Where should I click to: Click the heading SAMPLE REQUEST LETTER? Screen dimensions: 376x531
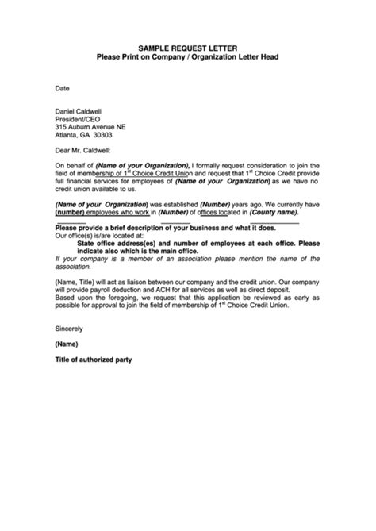click(188, 47)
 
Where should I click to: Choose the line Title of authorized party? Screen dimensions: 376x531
click(94, 360)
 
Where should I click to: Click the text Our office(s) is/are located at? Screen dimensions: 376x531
click(99, 236)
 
